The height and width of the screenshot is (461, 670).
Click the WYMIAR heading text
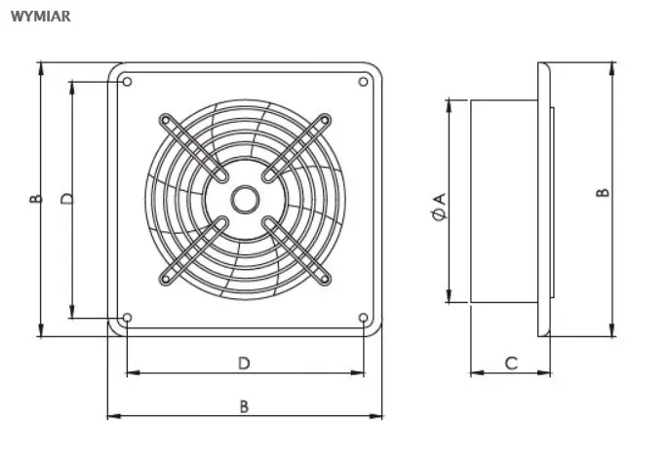click(x=41, y=17)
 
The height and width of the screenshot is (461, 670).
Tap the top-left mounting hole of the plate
click(x=127, y=82)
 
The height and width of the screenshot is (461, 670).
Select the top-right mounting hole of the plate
click(x=363, y=82)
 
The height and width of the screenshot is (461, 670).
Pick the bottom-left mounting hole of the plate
click(x=127, y=318)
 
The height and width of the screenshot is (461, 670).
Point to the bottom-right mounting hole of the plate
click(x=363, y=318)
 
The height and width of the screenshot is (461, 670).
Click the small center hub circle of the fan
click(x=245, y=200)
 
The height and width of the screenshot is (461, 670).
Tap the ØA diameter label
click(x=440, y=207)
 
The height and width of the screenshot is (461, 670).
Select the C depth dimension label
click(x=511, y=364)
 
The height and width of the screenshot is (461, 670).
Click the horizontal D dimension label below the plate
click(x=244, y=364)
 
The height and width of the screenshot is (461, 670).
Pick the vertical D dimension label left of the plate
click(x=67, y=199)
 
